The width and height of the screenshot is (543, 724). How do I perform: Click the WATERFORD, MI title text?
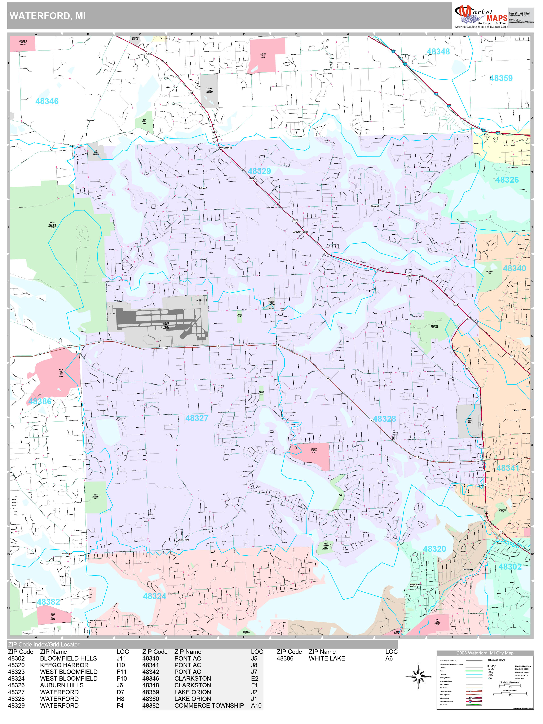pyautogui.click(x=48, y=16)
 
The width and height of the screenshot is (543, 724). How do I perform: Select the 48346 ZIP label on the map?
pyautogui.click(x=47, y=101)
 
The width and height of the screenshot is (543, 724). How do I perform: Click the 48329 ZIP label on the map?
pyautogui.click(x=259, y=171)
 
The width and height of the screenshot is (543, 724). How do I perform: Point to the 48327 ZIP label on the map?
pyautogui.click(x=197, y=418)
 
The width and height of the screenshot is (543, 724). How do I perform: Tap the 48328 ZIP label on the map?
pyautogui.click(x=385, y=419)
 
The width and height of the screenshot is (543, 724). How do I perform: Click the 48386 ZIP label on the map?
pyautogui.click(x=40, y=402)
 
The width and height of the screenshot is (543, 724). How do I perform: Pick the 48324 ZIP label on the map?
pyautogui.click(x=154, y=596)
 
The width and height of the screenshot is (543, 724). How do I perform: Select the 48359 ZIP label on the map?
pyautogui.click(x=501, y=78)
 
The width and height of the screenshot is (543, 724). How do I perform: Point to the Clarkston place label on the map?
pyautogui.click(x=90, y=120)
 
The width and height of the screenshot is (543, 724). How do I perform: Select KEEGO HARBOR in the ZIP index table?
pyautogui.click(x=64, y=665)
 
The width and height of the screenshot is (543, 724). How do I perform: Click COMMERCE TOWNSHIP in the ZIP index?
pyautogui.click(x=209, y=705)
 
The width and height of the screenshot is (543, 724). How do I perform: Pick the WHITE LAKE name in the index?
pyautogui.click(x=327, y=658)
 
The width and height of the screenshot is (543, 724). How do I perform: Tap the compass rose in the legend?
pyautogui.click(x=419, y=676)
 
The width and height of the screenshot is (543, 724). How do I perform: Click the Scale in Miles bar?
pyautogui.click(x=510, y=693)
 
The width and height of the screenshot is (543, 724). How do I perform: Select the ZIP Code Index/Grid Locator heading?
pyautogui.click(x=44, y=644)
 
